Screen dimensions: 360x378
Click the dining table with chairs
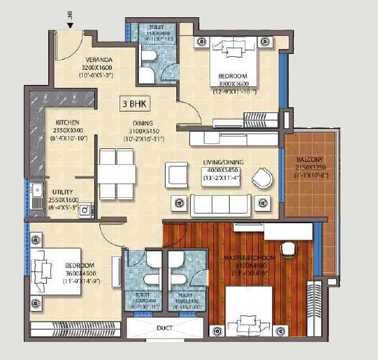click(x=117, y=174)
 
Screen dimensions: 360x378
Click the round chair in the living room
click(x=262, y=176)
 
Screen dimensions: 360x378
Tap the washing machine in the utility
click(x=84, y=210)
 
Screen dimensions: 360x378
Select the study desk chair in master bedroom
click(x=288, y=248)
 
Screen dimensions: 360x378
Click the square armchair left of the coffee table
click(x=176, y=174)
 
